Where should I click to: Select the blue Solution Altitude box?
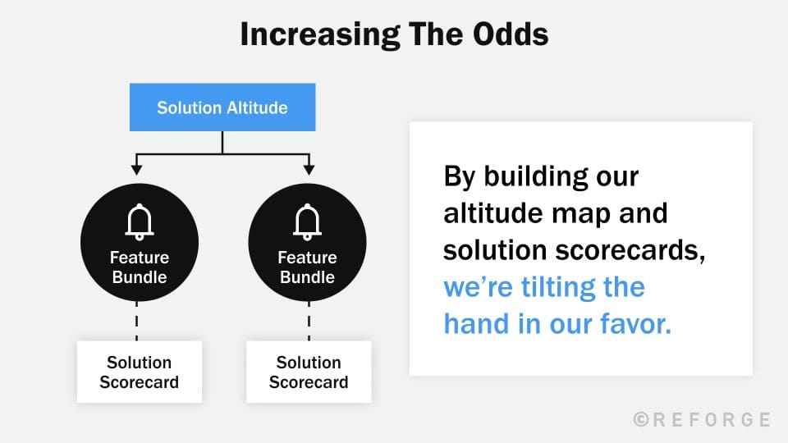[x=222, y=107]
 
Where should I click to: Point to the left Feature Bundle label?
[x=139, y=267]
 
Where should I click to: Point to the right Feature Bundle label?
[x=307, y=267]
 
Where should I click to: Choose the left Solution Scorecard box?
[x=139, y=372]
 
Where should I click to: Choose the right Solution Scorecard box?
[x=309, y=372]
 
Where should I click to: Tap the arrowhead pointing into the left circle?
[x=136, y=169]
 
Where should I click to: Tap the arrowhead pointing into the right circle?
[x=309, y=169]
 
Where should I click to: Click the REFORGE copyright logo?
[x=702, y=419]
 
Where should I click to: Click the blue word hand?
[x=476, y=323]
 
